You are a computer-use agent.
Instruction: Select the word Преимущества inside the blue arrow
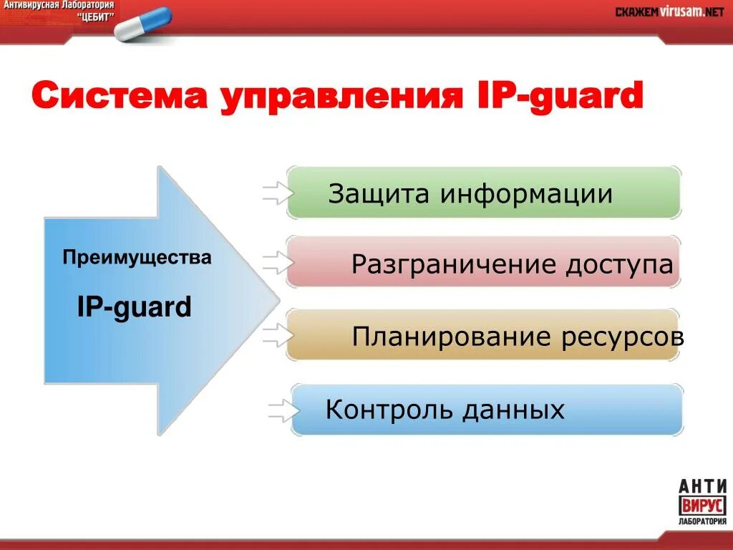(x=137, y=257)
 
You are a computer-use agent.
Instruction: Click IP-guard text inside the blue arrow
(x=134, y=307)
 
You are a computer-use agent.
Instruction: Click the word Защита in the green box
(x=379, y=194)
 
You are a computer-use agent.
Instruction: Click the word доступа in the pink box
(x=619, y=265)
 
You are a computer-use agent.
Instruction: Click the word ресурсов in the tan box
(x=622, y=337)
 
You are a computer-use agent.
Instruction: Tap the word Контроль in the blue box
(x=389, y=410)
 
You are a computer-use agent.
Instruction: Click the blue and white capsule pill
(x=143, y=24)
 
